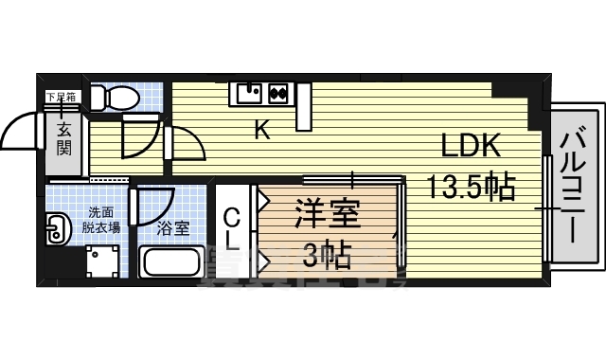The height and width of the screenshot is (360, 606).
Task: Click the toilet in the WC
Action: [x=117, y=98]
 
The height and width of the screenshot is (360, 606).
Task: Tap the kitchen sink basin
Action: [x=249, y=93]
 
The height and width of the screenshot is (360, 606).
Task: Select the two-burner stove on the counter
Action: [x=278, y=93]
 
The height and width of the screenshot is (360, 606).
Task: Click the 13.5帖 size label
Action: [x=471, y=187]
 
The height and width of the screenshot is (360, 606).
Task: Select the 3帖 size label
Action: [x=328, y=254]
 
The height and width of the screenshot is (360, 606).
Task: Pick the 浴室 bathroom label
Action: [x=171, y=227]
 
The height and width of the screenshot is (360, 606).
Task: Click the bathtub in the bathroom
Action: [x=170, y=261]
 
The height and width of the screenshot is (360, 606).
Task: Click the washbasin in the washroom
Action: [x=58, y=228]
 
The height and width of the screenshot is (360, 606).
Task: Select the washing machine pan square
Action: [x=102, y=261]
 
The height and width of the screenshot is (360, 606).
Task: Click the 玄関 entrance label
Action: [x=63, y=138]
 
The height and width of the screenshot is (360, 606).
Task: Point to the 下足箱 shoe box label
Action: [x=62, y=97]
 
